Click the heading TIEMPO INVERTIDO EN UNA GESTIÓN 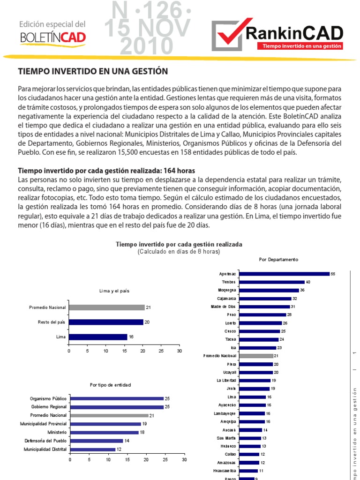(x=92, y=71)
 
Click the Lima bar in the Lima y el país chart (x=98, y=337)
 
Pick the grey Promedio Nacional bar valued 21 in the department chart (x=255, y=356)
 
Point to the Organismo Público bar (x=116, y=398)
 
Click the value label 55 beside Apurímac (x=333, y=274)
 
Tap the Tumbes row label (x=229, y=282)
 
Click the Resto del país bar (x=106, y=322)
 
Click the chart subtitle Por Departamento (x=278, y=259)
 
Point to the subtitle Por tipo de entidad (x=111, y=385)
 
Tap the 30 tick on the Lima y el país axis (x=179, y=350)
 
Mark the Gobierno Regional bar (x=116, y=407)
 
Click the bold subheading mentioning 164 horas (x=106, y=171)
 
